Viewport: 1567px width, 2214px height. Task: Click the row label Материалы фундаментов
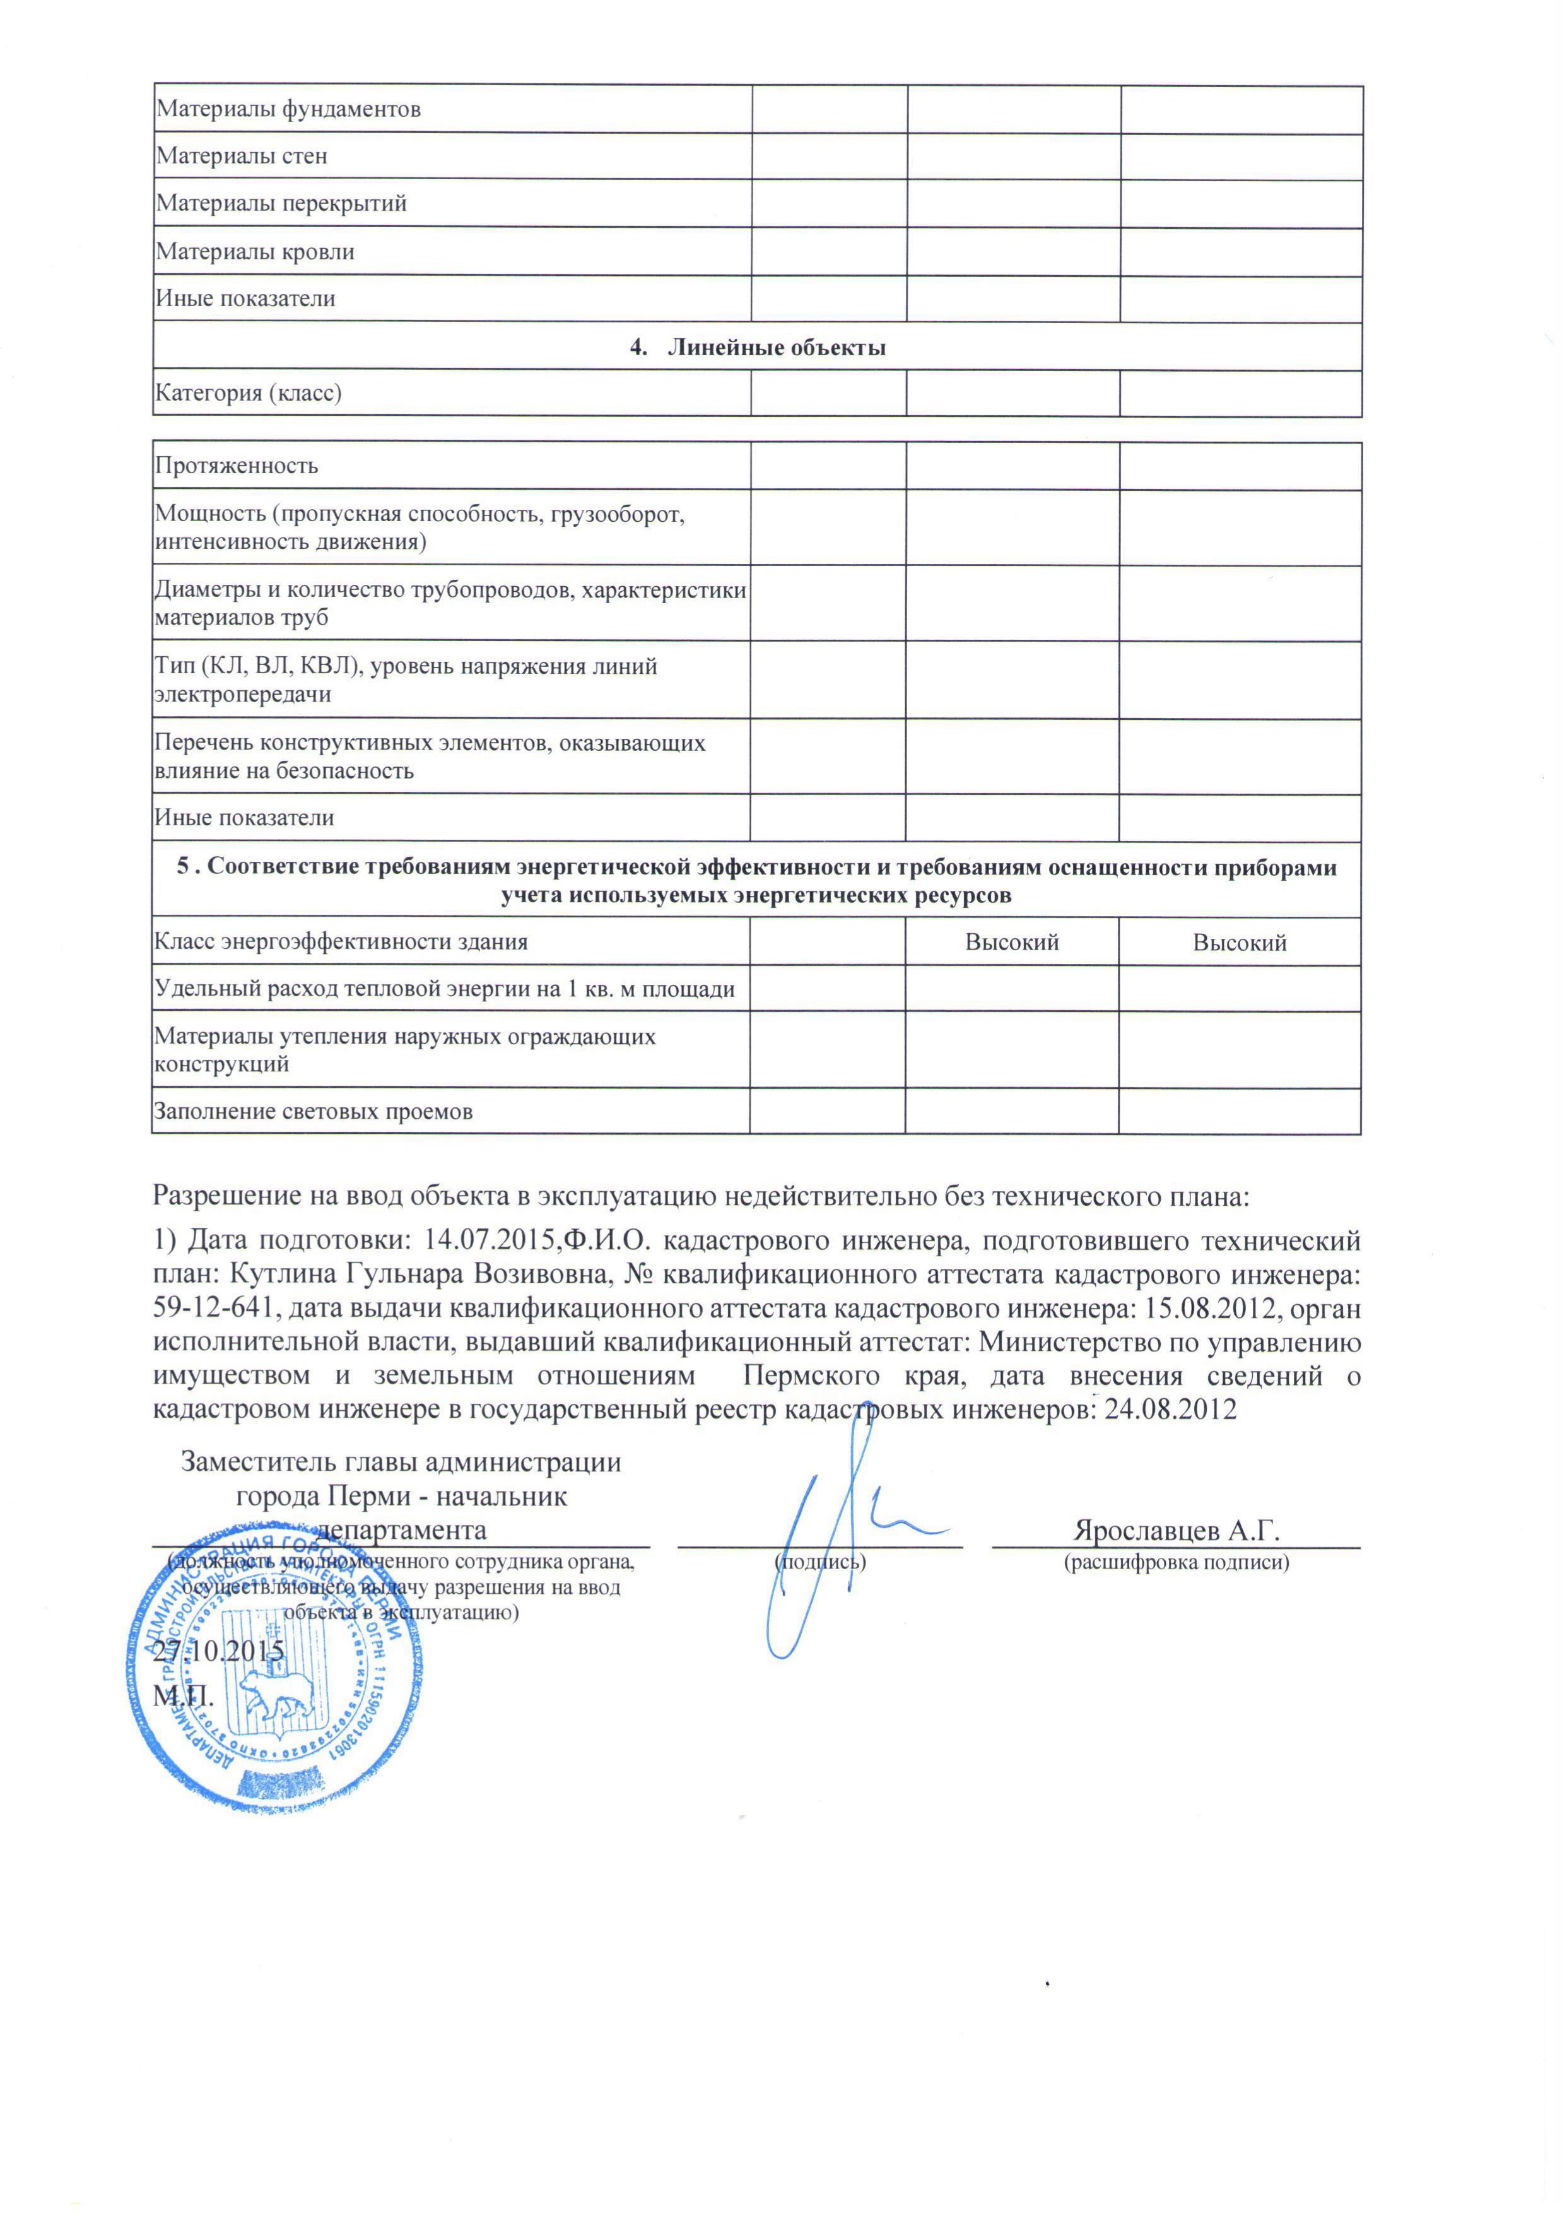288,109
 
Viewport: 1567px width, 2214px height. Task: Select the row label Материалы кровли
255,252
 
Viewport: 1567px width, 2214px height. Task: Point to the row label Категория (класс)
249,393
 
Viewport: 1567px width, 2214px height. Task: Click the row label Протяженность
237,466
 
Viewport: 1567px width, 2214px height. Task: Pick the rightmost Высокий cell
1239,943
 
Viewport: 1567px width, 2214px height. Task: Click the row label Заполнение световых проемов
314,1112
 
